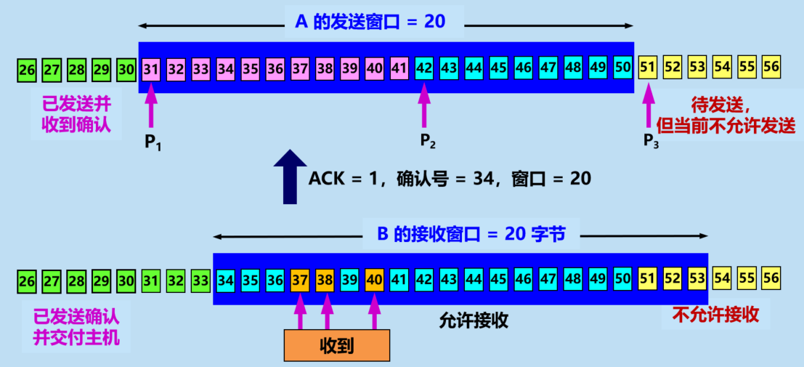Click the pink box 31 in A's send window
point(151,69)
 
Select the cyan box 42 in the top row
point(424,69)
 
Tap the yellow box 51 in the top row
point(647,68)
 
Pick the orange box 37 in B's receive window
point(300,279)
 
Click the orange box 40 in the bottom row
point(374,279)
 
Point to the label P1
point(152,142)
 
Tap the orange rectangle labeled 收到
point(336,346)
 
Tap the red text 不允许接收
point(715,314)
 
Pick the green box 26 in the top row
point(27,70)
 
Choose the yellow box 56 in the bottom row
point(771,279)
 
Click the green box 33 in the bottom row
point(201,279)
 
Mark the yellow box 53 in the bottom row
point(697,279)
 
